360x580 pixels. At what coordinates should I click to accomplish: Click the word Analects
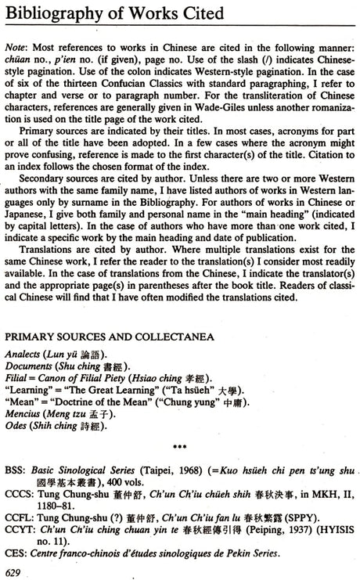(24, 355)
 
